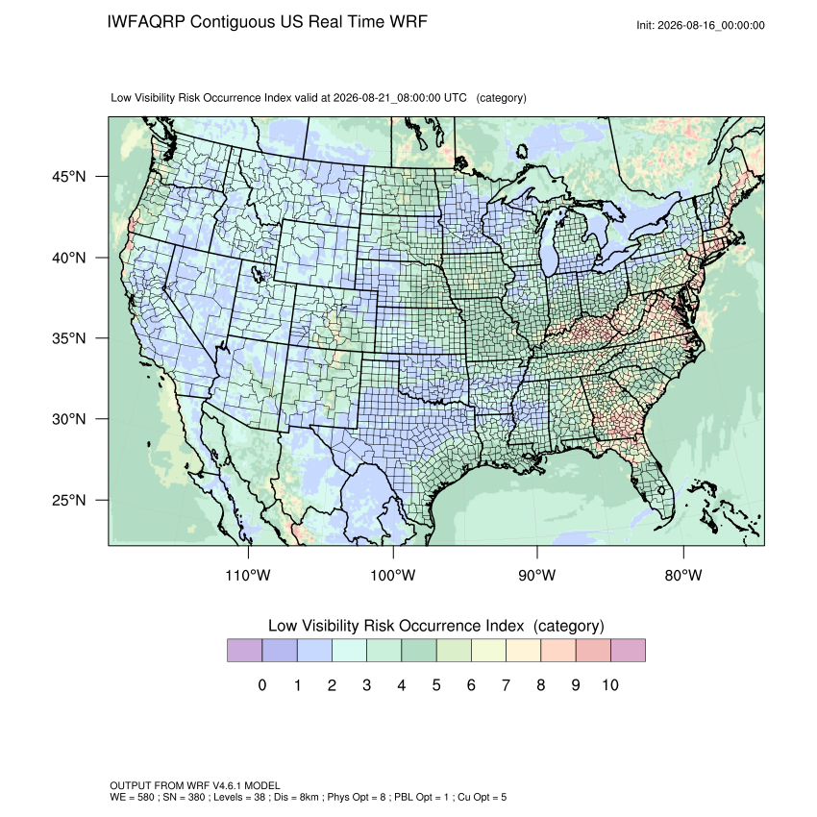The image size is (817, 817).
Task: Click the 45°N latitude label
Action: tap(69, 177)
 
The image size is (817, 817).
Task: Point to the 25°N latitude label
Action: tap(69, 500)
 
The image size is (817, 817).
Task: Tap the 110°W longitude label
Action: tap(248, 575)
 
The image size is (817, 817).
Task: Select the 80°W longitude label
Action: tap(683, 575)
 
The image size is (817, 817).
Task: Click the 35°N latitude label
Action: tap(69, 338)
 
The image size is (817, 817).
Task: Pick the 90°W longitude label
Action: tap(536, 575)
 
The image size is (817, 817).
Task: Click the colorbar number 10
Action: tap(610, 684)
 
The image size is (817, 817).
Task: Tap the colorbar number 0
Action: tap(262, 684)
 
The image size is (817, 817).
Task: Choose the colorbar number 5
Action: tap(436, 684)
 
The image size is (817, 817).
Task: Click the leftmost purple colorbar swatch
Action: tap(244, 651)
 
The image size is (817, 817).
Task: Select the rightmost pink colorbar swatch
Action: tap(628, 651)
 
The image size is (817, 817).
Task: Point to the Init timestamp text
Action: tap(701, 25)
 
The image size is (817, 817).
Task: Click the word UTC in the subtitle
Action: tap(455, 98)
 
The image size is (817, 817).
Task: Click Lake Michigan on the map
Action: tap(550, 239)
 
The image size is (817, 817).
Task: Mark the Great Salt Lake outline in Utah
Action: tap(257, 274)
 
